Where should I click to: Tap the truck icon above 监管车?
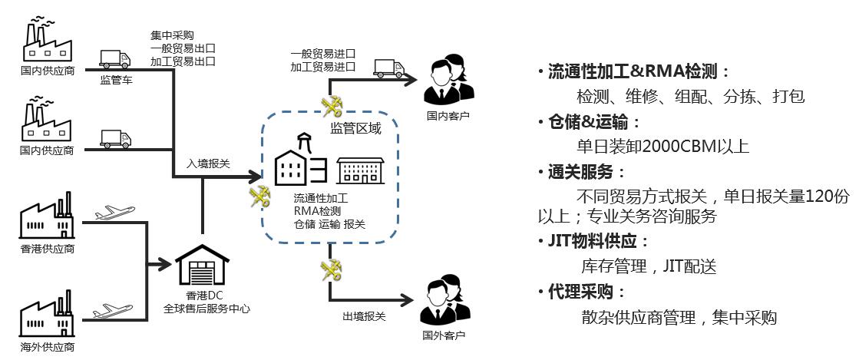pos(115,58)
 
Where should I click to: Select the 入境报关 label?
pos(208,164)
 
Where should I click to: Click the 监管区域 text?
pos(355,128)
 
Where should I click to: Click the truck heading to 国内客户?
pos(389,68)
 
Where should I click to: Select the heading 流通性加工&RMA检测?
pos(633,72)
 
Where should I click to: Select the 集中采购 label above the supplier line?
pos(172,35)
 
